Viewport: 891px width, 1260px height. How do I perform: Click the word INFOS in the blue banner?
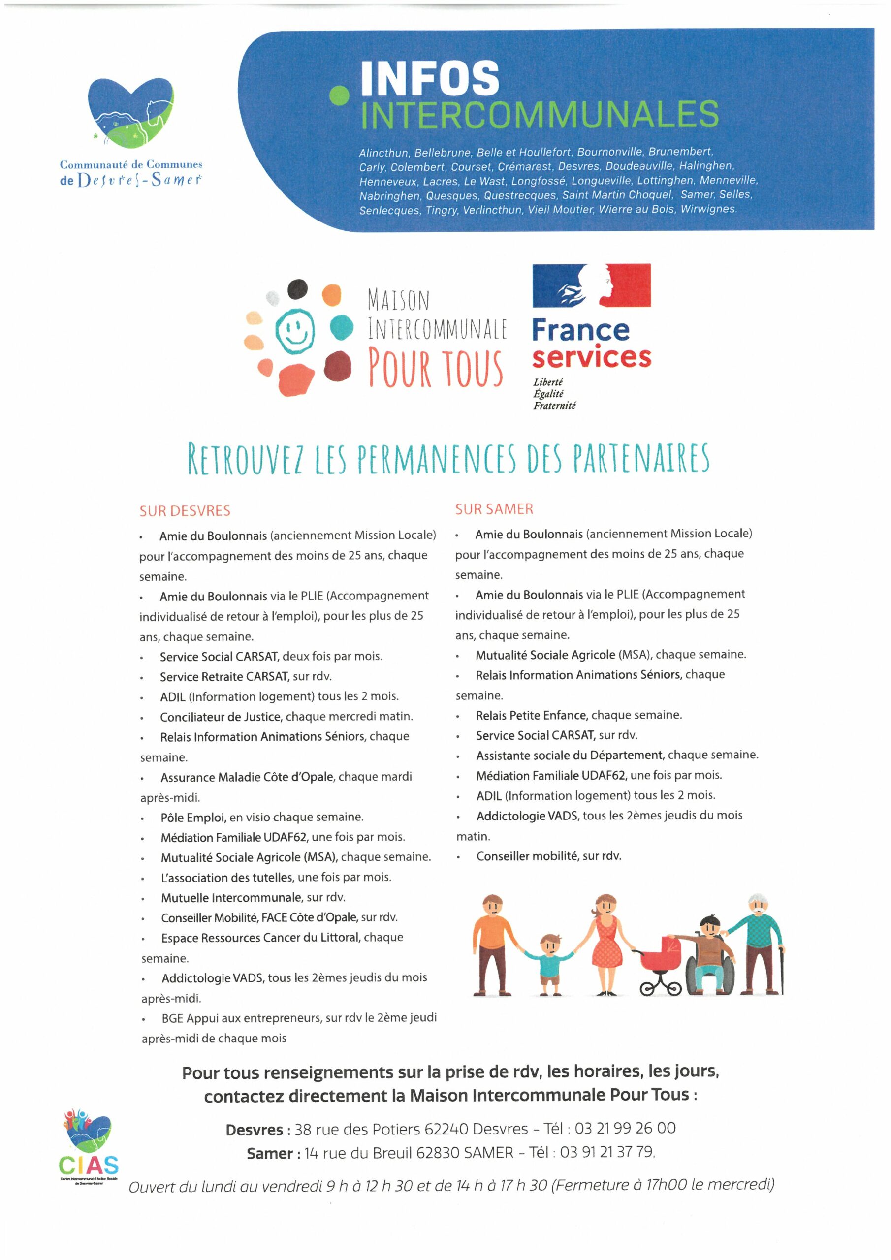pyautogui.click(x=430, y=78)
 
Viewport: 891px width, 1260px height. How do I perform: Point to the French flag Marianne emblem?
pyautogui.click(x=591, y=285)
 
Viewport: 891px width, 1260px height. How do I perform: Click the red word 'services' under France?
pyautogui.click(x=591, y=357)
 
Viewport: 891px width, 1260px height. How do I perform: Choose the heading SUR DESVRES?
pyautogui.click(x=185, y=511)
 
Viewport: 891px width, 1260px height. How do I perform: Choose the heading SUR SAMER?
pyautogui.click(x=494, y=509)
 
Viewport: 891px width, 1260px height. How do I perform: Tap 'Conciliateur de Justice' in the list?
pyautogui.click(x=221, y=717)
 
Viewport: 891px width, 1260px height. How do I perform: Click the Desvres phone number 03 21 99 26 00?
pyautogui.click(x=625, y=1128)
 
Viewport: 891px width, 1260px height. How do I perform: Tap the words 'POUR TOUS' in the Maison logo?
pyautogui.click(x=436, y=367)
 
